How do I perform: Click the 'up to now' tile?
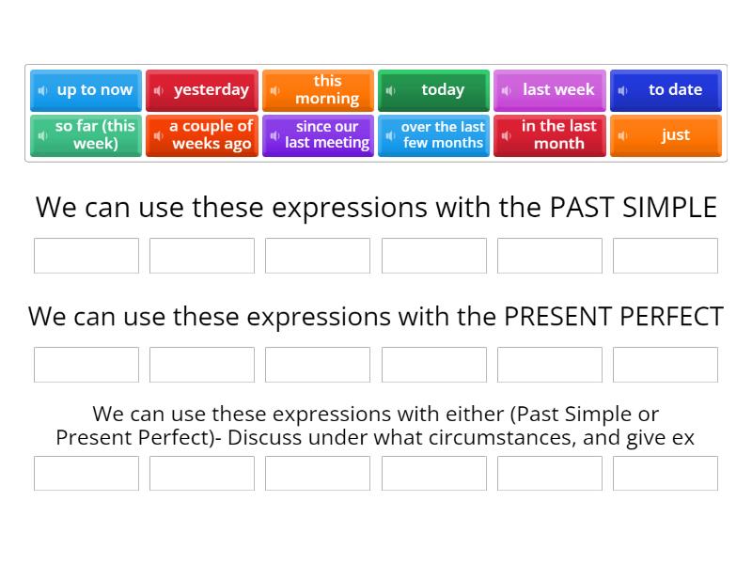pyautogui.click(x=86, y=90)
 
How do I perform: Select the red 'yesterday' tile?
pyautogui.click(x=202, y=90)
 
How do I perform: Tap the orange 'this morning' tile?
pyautogui.click(x=318, y=90)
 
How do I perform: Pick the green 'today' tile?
pyautogui.click(x=433, y=90)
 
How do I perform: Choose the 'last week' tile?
pyautogui.click(x=550, y=90)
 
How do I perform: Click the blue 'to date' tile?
pyautogui.click(x=666, y=90)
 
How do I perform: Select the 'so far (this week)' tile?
pyautogui.click(x=86, y=135)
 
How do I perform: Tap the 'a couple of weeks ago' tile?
pyautogui.click(x=202, y=135)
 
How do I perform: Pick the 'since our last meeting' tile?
pyautogui.click(x=318, y=135)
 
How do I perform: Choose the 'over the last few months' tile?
pyautogui.click(x=433, y=135)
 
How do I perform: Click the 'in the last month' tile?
pyautogui.click(x=550, y=135)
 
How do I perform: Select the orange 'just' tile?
pyautogui.click(x=666, y=135)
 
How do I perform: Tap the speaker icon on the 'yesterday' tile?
pyautogui.click(x=159, y=91)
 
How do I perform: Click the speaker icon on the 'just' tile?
pyautogui.click(x=622, y=136)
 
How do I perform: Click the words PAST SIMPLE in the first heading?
pyautogui.click(x=633, y=207)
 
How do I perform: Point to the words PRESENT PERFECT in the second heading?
pyautogui.click(x=613, y=316)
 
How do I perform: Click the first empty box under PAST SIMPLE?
pyautogui.click(x=86, y=256)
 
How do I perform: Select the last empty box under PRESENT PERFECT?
pyautogui.click(x=666, y=365)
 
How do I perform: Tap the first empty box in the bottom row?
pyautogui.click(x=86, y=474)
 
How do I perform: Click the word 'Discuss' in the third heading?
pyautogui.click(x=263, y=437)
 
